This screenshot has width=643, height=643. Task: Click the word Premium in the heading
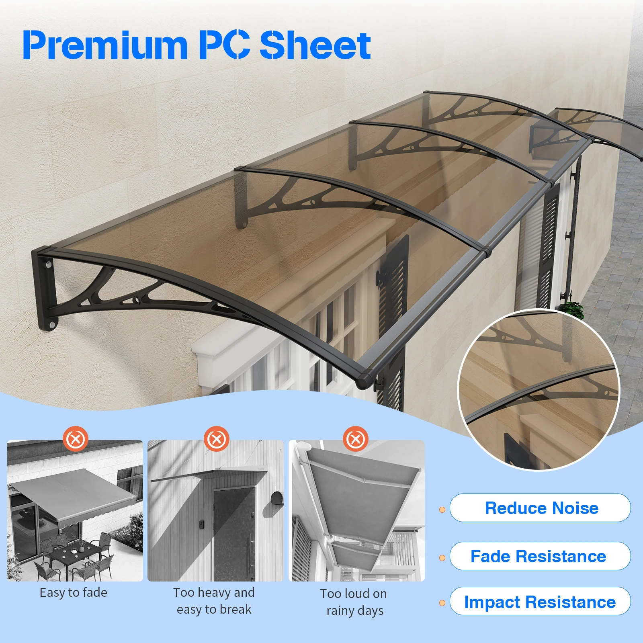(x=105, y=45)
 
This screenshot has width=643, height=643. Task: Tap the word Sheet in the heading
(x=315, y=45)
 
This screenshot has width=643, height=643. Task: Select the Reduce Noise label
(x=541, y=508)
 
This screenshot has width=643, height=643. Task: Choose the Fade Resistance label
(x=539, y=556)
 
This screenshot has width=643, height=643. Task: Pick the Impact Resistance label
(x=540, y=602)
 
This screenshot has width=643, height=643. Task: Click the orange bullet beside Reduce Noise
(x=442, y=510)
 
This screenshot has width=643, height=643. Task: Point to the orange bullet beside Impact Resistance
(x=442, y=603)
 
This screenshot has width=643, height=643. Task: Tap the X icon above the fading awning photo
(x=75, y=439)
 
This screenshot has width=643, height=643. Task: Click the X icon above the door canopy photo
(x=217, y=439)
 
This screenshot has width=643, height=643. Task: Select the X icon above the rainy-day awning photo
(x=356, y=439)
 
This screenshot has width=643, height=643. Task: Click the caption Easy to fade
(x=74, y=593)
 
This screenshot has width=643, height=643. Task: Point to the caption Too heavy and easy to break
(x=214, y=601)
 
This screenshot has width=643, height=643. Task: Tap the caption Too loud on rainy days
(x=354, y=602)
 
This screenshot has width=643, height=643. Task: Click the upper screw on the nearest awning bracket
(x=49, y=265)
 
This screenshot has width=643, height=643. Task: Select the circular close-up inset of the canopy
(x=539, y=390)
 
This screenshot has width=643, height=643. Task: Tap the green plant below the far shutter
(x=571, y=310)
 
